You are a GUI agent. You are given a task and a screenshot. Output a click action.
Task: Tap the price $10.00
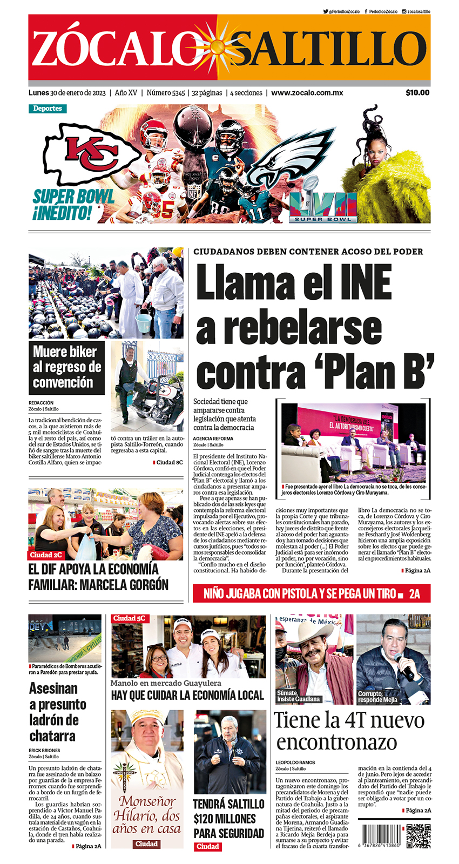(417, 92)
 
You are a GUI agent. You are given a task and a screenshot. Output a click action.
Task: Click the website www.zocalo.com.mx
(307, 92)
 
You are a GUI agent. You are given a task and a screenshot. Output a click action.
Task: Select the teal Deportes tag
(48, 109)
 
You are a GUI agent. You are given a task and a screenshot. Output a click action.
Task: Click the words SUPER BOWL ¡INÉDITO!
(73, 205)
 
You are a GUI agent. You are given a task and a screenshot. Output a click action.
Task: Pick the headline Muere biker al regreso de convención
(66, 367)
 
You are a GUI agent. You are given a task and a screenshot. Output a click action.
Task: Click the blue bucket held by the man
(144, 323)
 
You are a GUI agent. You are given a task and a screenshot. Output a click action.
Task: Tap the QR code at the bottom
(418, 836)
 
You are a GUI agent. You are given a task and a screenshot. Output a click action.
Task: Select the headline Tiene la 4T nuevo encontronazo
(349, 731)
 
